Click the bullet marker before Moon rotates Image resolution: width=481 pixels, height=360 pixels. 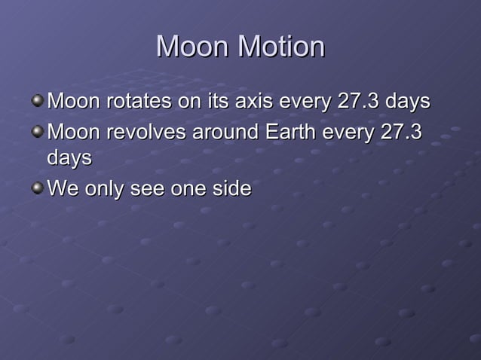tap(38, 99)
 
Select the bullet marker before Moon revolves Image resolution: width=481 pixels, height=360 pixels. tap(38, 131)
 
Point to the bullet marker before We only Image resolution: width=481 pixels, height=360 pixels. tap(38, 188)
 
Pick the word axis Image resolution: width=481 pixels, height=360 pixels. tap(254, 101)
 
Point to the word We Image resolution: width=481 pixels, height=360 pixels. tap(62, 189)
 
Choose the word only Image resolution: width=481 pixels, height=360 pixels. tap(105, 189)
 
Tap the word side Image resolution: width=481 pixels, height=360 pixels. tap(231, 189)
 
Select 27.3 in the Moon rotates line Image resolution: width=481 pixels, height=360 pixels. tap(359, 101)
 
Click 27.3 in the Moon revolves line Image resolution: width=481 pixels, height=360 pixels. tap(401, 133)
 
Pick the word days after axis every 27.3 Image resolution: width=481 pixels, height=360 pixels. tap(407, 101)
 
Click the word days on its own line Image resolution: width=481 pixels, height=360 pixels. tap(69, 158)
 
